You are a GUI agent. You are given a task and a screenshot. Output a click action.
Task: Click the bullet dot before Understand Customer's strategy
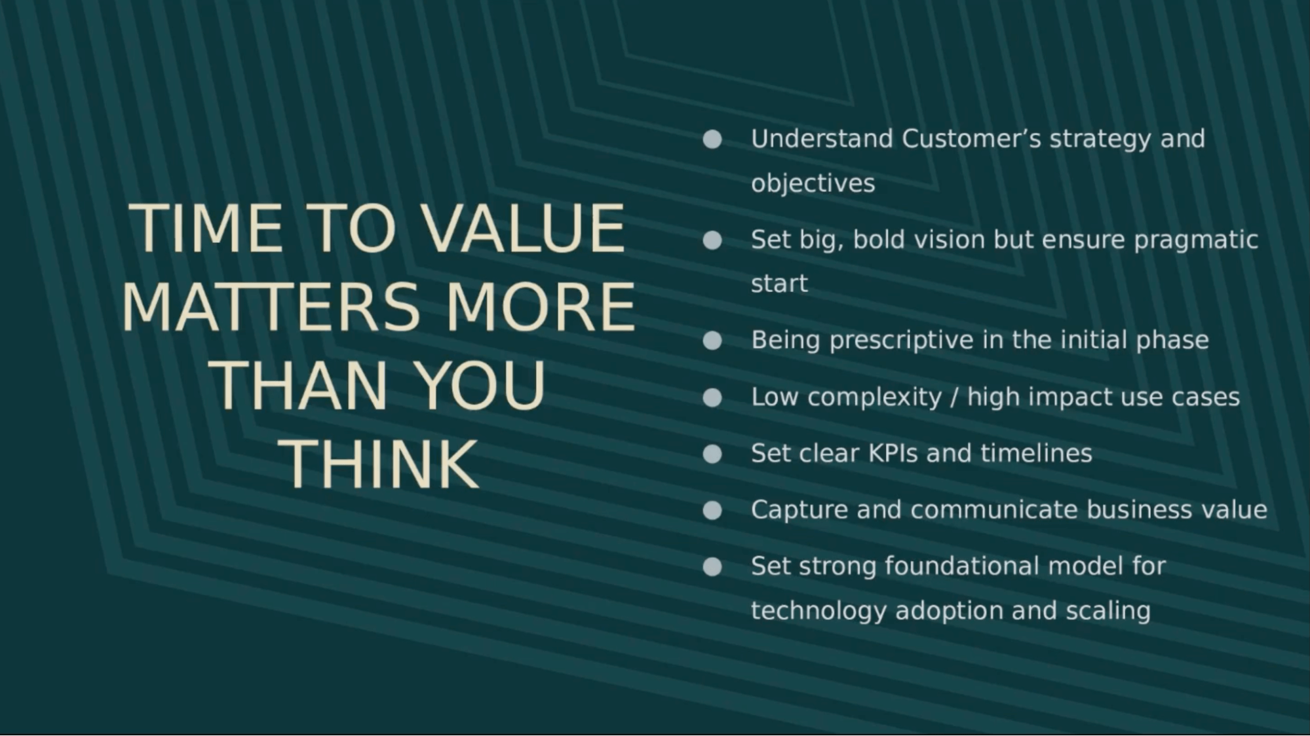pyautogui.click(x=712, y=139)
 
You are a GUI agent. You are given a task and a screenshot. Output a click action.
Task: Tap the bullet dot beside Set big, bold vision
pyautogui.click(x=712, y=240)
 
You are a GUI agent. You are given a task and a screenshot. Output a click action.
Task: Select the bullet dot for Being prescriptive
pyautogui.click(x=712, y=340)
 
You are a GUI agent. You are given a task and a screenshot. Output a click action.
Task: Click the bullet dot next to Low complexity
pyautogui.click(x=712, y=397)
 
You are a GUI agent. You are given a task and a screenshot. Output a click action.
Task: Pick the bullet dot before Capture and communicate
pyautogui.click(x=712, y=510)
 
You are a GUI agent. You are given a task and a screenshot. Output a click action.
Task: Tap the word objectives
pyautogui.click(x=813, y=183)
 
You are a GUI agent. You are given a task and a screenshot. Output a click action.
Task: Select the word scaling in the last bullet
pyautogui.click(x=1108, y=610)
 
